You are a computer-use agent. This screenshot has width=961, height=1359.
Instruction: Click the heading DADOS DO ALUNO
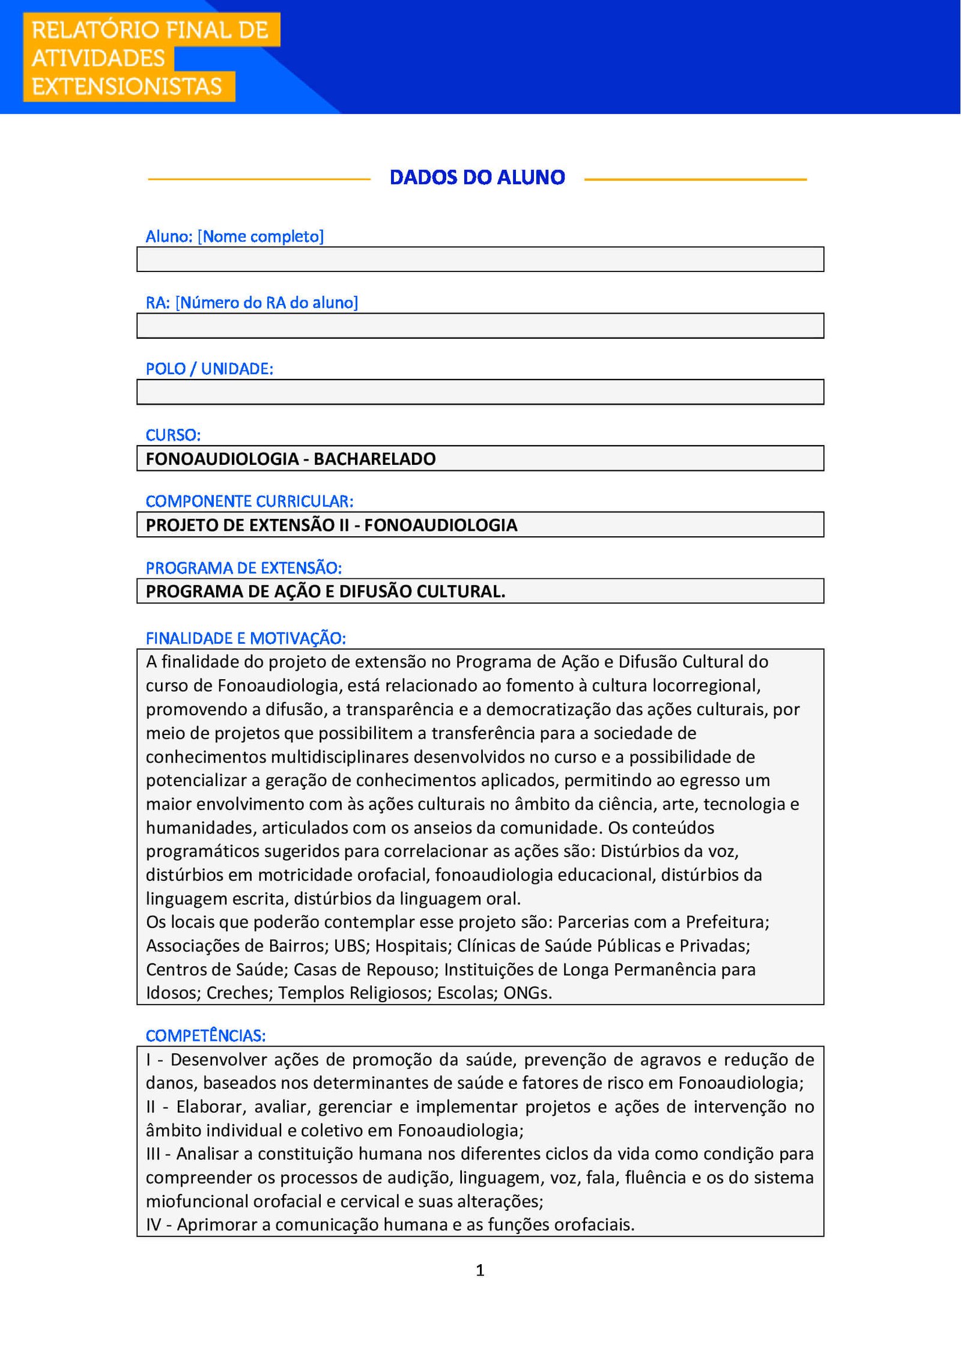pyautogui.click(x=477, y=177)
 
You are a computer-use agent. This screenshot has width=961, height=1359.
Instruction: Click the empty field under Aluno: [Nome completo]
pyautogui.click(x=480, y=259)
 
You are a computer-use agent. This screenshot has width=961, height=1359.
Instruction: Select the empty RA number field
pyautogui.click(x=480, y=325)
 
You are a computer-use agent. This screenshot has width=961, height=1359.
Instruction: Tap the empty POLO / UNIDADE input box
pyautogui.click(x=480, y=392)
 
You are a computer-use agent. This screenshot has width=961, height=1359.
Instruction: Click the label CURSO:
pyautogui.click(x=173, y=435)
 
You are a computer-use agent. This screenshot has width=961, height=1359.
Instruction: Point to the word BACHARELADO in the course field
pyautogui.click(x=374, y=459)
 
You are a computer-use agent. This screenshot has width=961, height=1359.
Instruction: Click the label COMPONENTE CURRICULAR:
pyautogui.click(x=249, y=501)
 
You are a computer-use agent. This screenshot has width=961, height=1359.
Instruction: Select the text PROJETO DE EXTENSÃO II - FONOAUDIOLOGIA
pyautogui.click(x=331, y=525)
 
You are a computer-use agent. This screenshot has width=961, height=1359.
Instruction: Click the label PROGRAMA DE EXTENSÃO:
pyautogui.click(x=243, y=568)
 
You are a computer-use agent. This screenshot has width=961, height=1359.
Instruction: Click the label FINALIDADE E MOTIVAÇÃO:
pyautogui.click(x=246, y=638)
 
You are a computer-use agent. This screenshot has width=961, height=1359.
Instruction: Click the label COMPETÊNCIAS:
pyautogui.click(x=205, y=1035)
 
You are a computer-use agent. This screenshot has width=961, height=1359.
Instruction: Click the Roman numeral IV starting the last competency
pyautogui.click(x=154, y=1224)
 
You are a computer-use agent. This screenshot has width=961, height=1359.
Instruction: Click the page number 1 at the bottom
pyautogui.click(x=480, y=1270)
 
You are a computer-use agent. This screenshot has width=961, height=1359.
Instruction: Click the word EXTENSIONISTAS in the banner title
pyautogui.click(x=127, y=86)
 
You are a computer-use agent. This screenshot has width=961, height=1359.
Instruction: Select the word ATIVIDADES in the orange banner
pyautogui.click(x=98, y=58)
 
